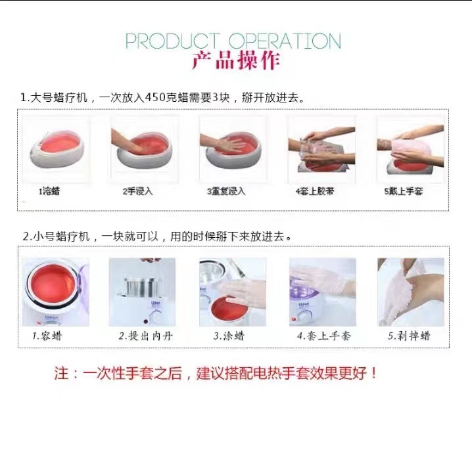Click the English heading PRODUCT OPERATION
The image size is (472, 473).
(x=233, y=41)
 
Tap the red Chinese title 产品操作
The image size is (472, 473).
(x=236, y=60)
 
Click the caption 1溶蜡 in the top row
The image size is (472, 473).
(x=49, y=191)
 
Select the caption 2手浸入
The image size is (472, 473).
(x=137, y=191)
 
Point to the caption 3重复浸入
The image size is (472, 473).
(x=226, y=191)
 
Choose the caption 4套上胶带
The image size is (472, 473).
(x=315, y=191)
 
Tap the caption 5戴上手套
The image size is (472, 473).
(x=403, y=191)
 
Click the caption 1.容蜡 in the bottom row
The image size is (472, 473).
(x=47, y=336)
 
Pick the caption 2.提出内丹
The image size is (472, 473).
(x=146, y=336)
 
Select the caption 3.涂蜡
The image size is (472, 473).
(x=229, y=336)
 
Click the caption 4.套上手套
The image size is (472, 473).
(x=324, y=336)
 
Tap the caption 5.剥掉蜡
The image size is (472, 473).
(x=409, y=336)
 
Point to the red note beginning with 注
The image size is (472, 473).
(x=216, y=373)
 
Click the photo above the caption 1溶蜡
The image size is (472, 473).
(x=56, y=150)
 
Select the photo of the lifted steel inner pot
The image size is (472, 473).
(x=142, y=292)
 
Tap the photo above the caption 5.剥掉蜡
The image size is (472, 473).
(x=411, y=292)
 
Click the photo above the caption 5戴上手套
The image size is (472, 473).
(x=410, y=150)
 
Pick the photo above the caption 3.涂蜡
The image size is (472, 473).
(x=233, y=292)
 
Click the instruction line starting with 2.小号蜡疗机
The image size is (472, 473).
(x=157, y=236)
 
